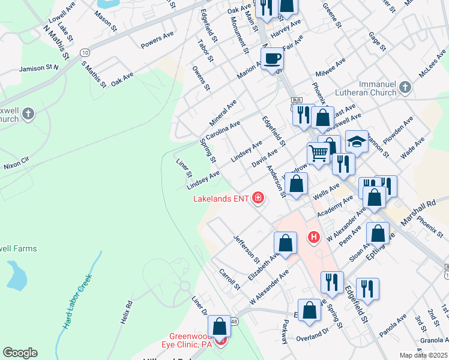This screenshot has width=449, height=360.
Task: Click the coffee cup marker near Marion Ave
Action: pos(272,58)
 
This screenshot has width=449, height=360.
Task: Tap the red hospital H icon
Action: pos(313,238)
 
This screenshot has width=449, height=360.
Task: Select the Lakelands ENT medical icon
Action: pos(259,197)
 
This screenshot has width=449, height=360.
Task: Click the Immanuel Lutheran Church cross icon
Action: pos(405,88)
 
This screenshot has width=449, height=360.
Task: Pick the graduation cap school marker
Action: pos(357,142)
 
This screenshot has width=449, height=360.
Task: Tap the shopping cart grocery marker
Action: pos(318,153)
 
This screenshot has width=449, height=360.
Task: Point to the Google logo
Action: pos(20,353)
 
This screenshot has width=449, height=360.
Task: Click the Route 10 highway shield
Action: pos(85,52)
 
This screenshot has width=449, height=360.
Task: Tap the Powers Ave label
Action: pos(156,41)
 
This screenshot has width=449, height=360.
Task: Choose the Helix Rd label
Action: pos(125,313)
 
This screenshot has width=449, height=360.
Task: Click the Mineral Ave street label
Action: pos(223,109)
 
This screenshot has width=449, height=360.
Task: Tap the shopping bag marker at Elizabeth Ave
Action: pos(285,242)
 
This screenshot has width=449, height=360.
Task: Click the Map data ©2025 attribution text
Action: pos(423,355)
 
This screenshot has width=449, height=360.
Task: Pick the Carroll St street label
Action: pos(229,279)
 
